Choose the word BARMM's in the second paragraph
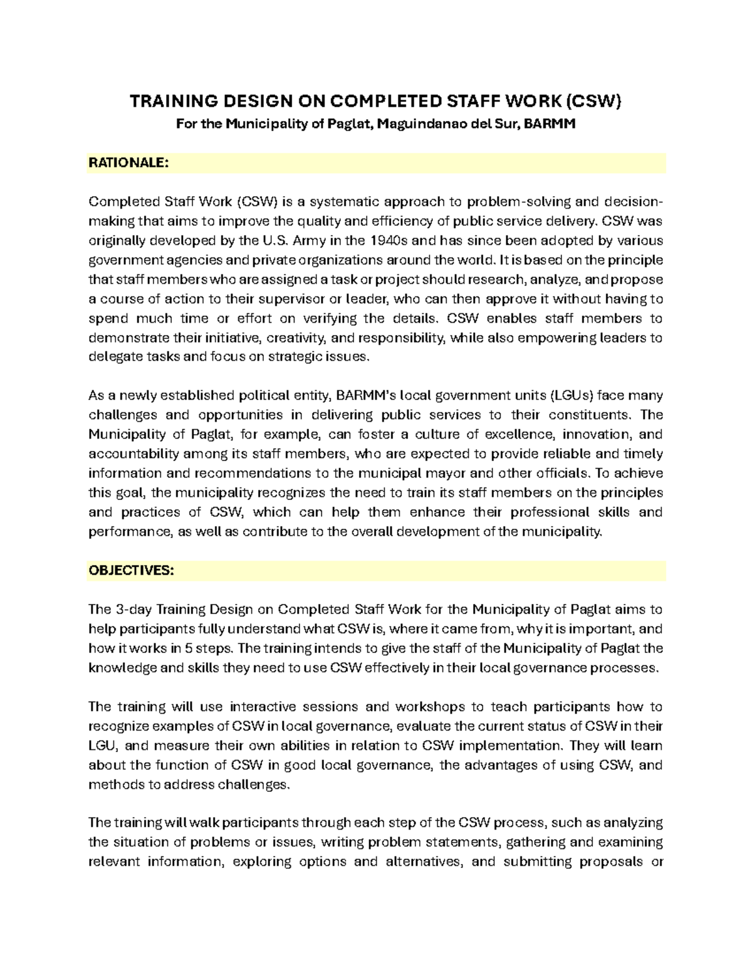[367, 396]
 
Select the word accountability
[128, 454]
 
